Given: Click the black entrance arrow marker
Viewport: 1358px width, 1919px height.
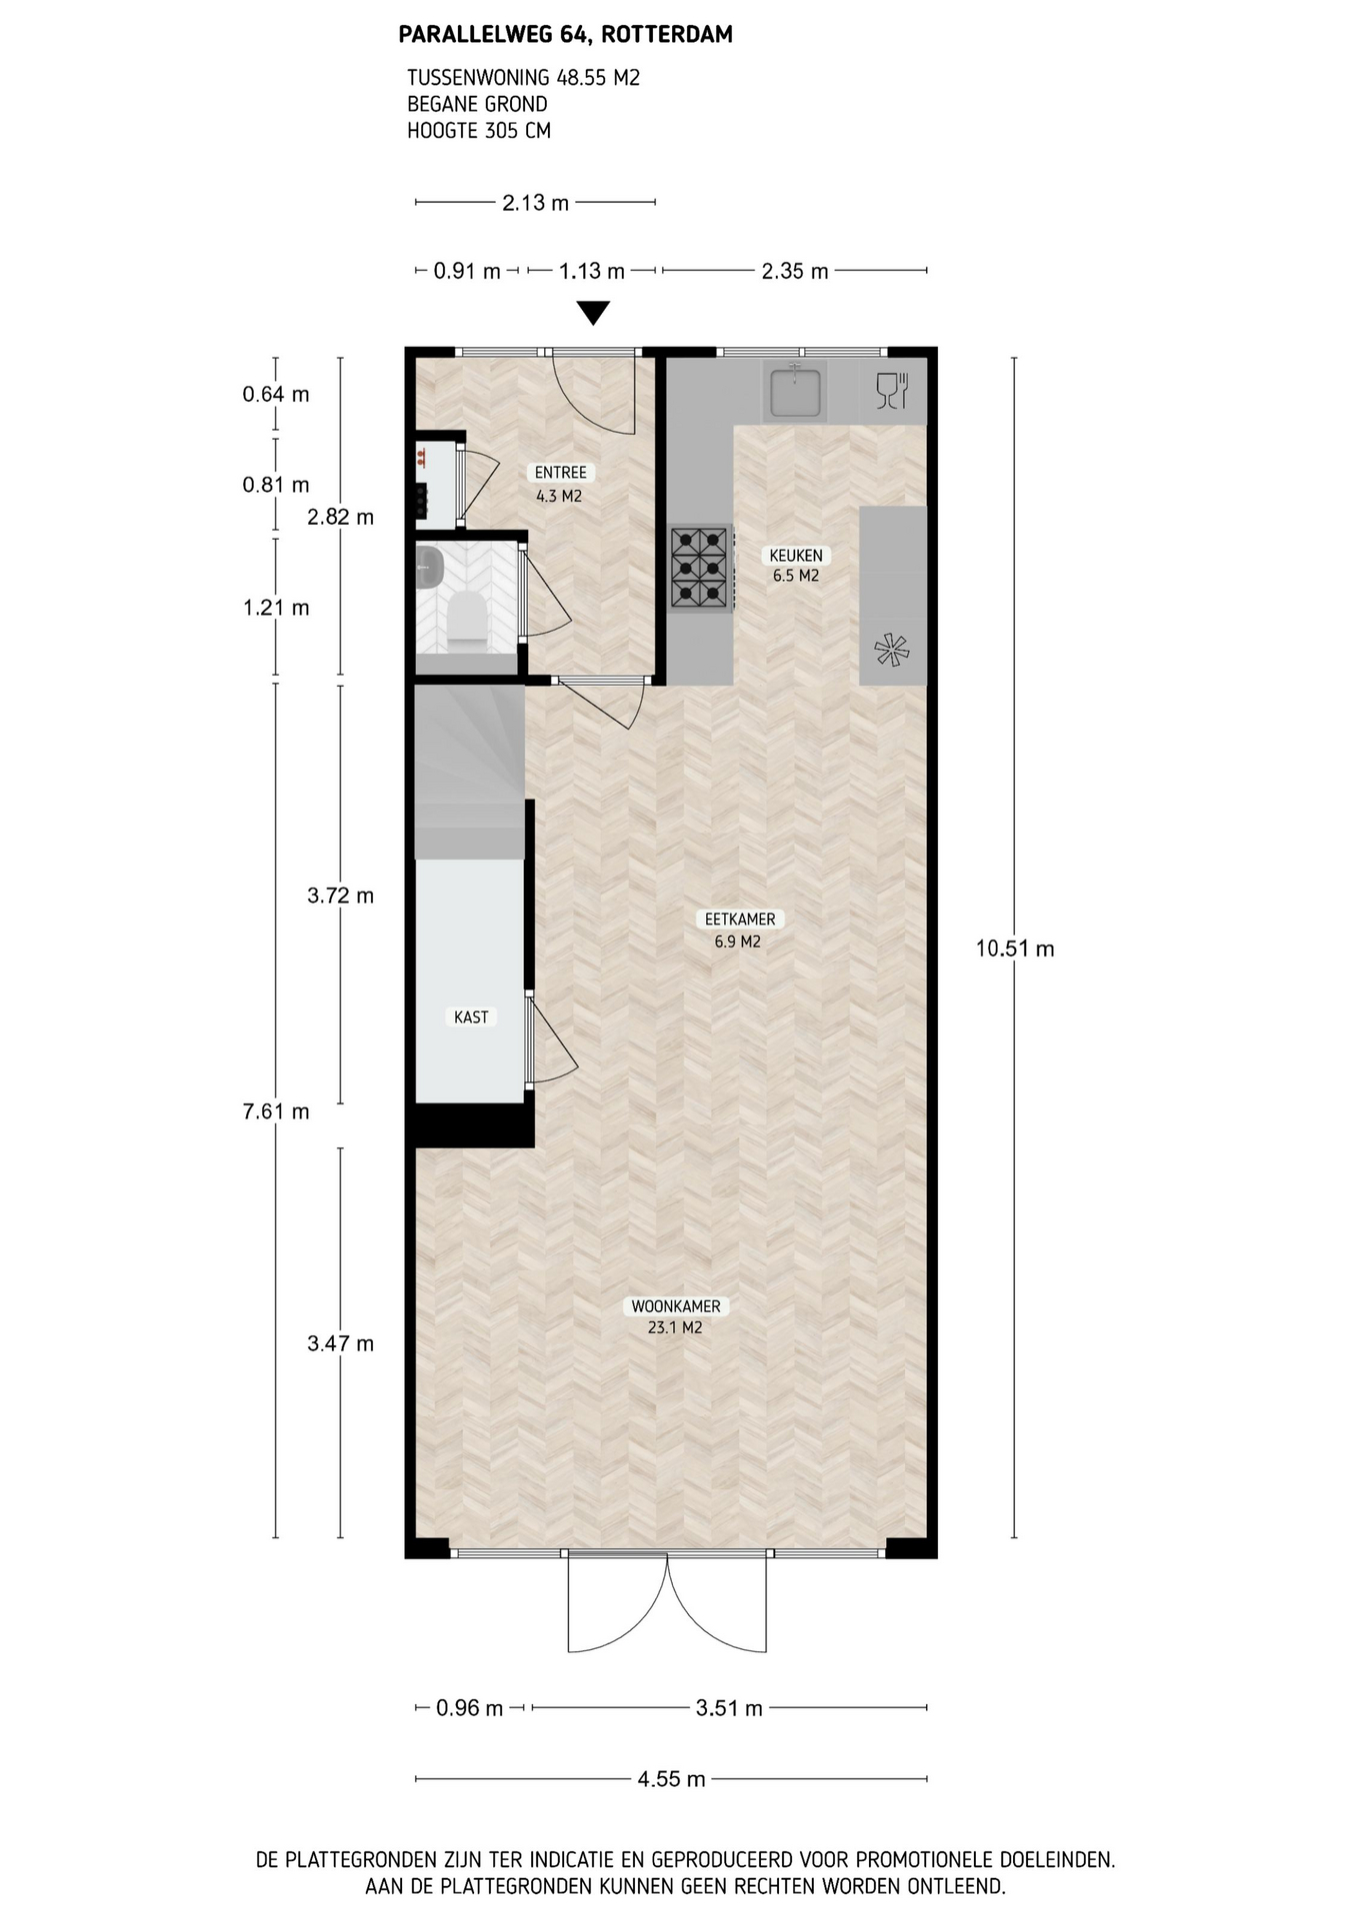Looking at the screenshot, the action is [594, 314].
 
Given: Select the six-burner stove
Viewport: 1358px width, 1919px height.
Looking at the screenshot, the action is [699, 568].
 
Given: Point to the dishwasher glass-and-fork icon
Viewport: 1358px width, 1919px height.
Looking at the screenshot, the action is [891, 391].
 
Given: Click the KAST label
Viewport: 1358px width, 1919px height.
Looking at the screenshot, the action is [471, 1017].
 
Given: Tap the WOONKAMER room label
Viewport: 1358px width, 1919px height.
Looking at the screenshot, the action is [675, 1306].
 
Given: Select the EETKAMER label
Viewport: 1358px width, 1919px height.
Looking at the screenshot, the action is [740, 920].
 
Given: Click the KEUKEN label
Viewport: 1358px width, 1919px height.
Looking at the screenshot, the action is [796, 556].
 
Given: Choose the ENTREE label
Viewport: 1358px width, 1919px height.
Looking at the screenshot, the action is [560, 473].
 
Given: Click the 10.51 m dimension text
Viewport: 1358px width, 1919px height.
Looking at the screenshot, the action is [1015, 950].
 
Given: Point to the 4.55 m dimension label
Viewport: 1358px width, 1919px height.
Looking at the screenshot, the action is [671, 1779].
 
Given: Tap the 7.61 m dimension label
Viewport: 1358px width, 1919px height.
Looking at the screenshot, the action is [276, 1111].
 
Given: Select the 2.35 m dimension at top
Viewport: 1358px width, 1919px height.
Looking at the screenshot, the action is [795, 271].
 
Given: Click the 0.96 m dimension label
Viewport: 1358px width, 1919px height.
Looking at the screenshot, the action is [469, 1708].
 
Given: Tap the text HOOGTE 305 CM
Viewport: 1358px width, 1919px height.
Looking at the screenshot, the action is [479, 130].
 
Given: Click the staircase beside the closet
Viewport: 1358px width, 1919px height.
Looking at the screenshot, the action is [470, 771].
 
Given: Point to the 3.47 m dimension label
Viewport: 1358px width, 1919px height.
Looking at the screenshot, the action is [340, 1344].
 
